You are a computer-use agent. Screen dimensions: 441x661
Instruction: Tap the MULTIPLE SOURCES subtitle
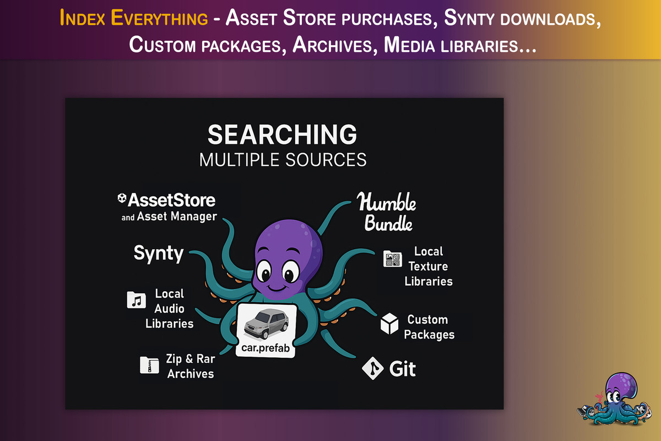point(283,160)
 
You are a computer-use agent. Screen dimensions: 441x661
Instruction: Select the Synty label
point(159,254)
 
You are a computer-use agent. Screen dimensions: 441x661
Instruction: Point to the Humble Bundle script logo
point(386,212)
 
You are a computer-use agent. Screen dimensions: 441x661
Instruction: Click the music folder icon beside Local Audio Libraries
point(136,300)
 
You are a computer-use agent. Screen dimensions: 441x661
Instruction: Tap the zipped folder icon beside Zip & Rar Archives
point(149,364)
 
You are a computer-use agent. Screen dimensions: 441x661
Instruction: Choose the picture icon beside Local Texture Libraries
point(392,259)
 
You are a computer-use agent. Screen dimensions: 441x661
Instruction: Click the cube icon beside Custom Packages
point(389,324)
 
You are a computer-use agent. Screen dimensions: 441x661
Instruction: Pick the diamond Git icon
point(372,368)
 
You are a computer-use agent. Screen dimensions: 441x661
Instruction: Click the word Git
point(402,369)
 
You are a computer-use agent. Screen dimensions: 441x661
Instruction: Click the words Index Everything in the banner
point(133,19)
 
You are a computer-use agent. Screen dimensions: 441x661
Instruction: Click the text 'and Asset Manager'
point(169,217)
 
